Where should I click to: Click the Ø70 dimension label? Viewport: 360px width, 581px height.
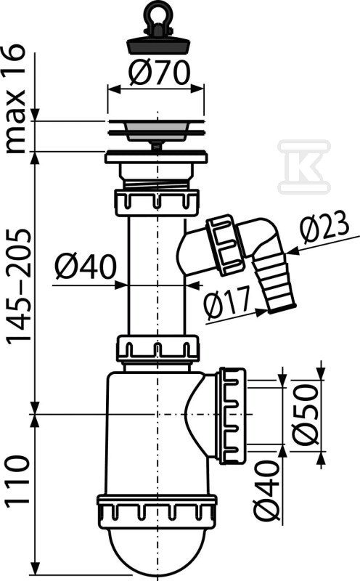point(160,73)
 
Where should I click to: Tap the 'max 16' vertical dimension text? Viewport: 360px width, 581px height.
point(15,99)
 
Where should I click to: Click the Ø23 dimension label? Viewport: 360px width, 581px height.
point(325,227)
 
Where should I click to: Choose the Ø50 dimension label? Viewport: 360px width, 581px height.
point(305,413)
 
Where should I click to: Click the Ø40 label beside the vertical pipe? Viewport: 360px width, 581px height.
point(86,267)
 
